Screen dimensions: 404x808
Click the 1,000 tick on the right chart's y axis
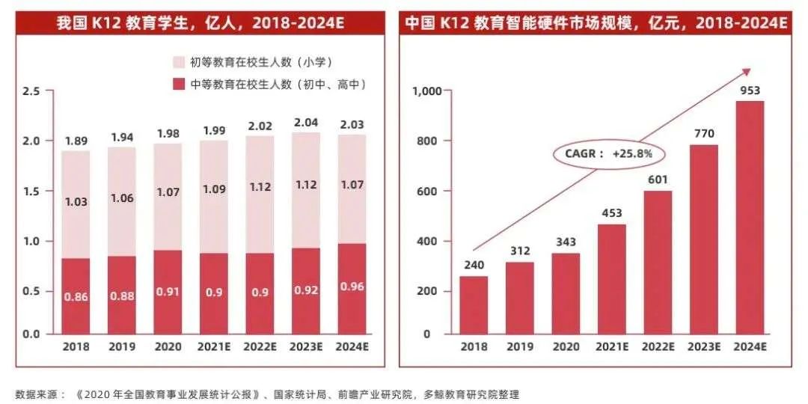coord(427,91)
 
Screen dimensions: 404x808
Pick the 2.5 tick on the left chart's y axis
coord(31,91)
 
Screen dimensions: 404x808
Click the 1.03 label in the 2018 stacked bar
coord(76,202)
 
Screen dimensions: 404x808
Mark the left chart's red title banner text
coord(201,23)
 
